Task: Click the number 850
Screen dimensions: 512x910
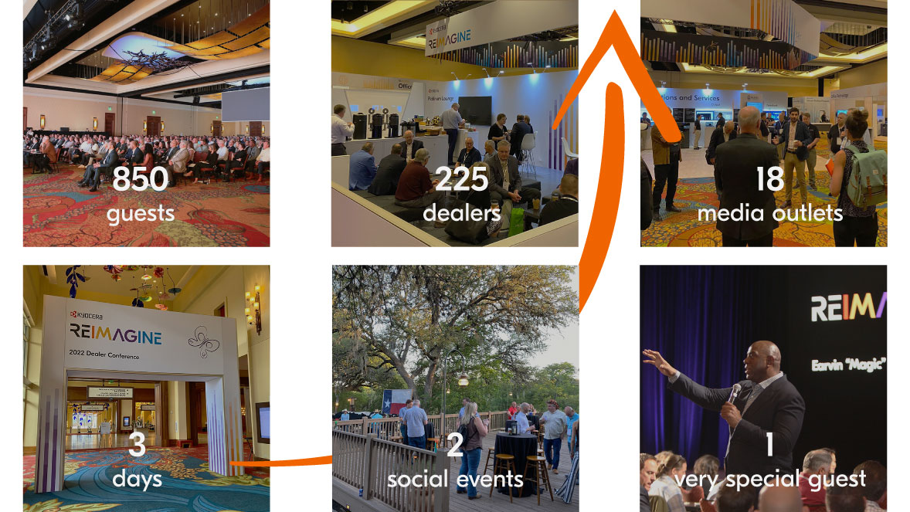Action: [140, 178]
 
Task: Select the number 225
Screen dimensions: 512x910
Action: [461, 179]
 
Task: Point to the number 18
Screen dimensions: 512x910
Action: [769, 178]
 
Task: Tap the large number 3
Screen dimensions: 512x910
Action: [137, 446]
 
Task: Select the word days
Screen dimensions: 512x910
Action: [137, 479]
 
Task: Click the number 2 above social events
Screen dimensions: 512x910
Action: [455, 446]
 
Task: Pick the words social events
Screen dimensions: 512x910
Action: [455, 480]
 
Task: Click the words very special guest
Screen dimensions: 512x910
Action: [769, 480]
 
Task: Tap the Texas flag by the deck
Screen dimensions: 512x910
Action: [396, 402]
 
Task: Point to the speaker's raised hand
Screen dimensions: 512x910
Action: [654, 360]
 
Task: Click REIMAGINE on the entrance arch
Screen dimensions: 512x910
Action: [115, 335]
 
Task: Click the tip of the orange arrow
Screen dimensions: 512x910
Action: [615, 11]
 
